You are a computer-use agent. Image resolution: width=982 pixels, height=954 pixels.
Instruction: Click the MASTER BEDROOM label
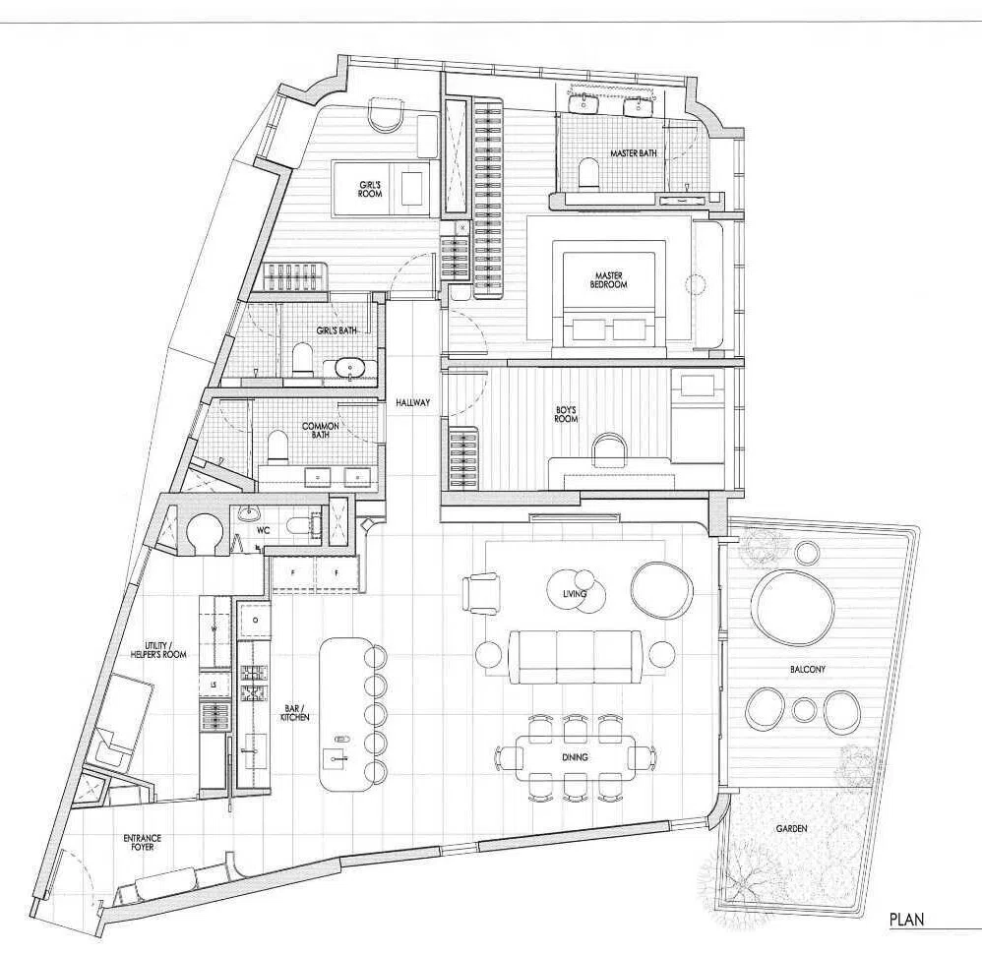coord(609,280)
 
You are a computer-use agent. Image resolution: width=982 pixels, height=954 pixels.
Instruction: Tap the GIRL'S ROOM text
coord(370,189)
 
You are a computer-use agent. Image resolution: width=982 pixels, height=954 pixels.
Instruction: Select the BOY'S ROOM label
coord(566,414)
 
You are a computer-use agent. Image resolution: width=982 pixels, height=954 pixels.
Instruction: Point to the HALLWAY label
coord(412,403)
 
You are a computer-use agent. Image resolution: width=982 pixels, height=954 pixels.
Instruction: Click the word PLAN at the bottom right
coord(906,920)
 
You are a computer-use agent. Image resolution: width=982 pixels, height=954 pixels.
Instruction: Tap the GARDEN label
coord(791,828)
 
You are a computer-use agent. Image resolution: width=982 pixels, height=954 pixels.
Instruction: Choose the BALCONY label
coord(807,669)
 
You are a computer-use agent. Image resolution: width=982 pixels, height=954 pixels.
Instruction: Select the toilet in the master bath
coord(588,172)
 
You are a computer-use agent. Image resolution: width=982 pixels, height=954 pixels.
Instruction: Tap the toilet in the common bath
coord(276,446)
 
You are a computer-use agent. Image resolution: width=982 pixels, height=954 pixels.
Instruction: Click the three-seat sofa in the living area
coord(575,657)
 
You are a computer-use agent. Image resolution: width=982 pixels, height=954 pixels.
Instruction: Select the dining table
coord(575,758)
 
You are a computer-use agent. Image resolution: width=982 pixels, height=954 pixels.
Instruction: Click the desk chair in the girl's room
coord(386,114)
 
